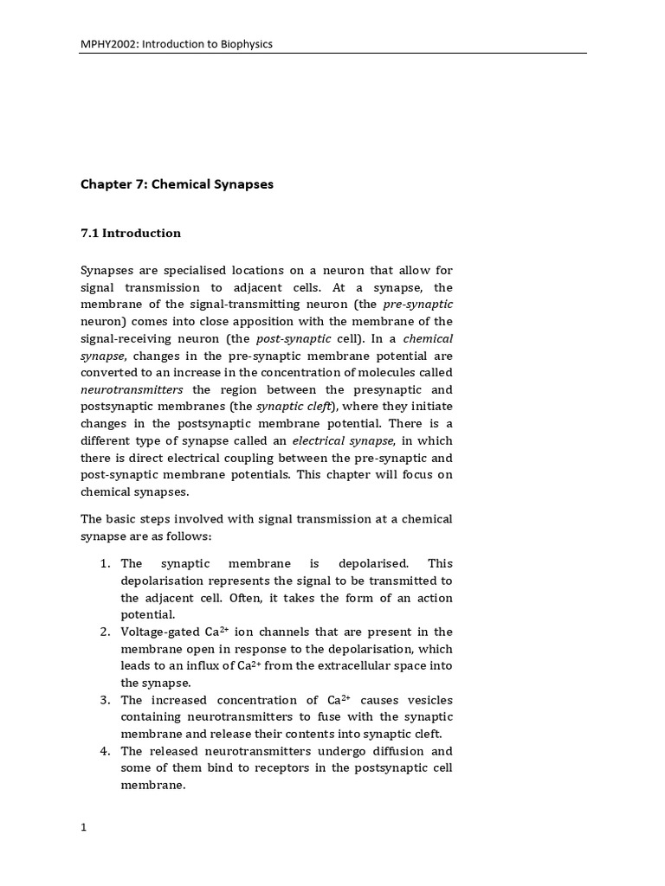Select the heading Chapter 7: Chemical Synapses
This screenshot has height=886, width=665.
point(178,184)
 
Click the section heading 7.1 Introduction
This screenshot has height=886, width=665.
point(131,233)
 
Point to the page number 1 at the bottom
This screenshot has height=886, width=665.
point(84,827)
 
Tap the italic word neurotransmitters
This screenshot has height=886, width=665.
point(132,389)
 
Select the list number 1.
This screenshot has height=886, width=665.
point(105,564)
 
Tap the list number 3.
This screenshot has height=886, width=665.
point(105,700)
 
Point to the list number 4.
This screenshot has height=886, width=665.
point(105,751)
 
